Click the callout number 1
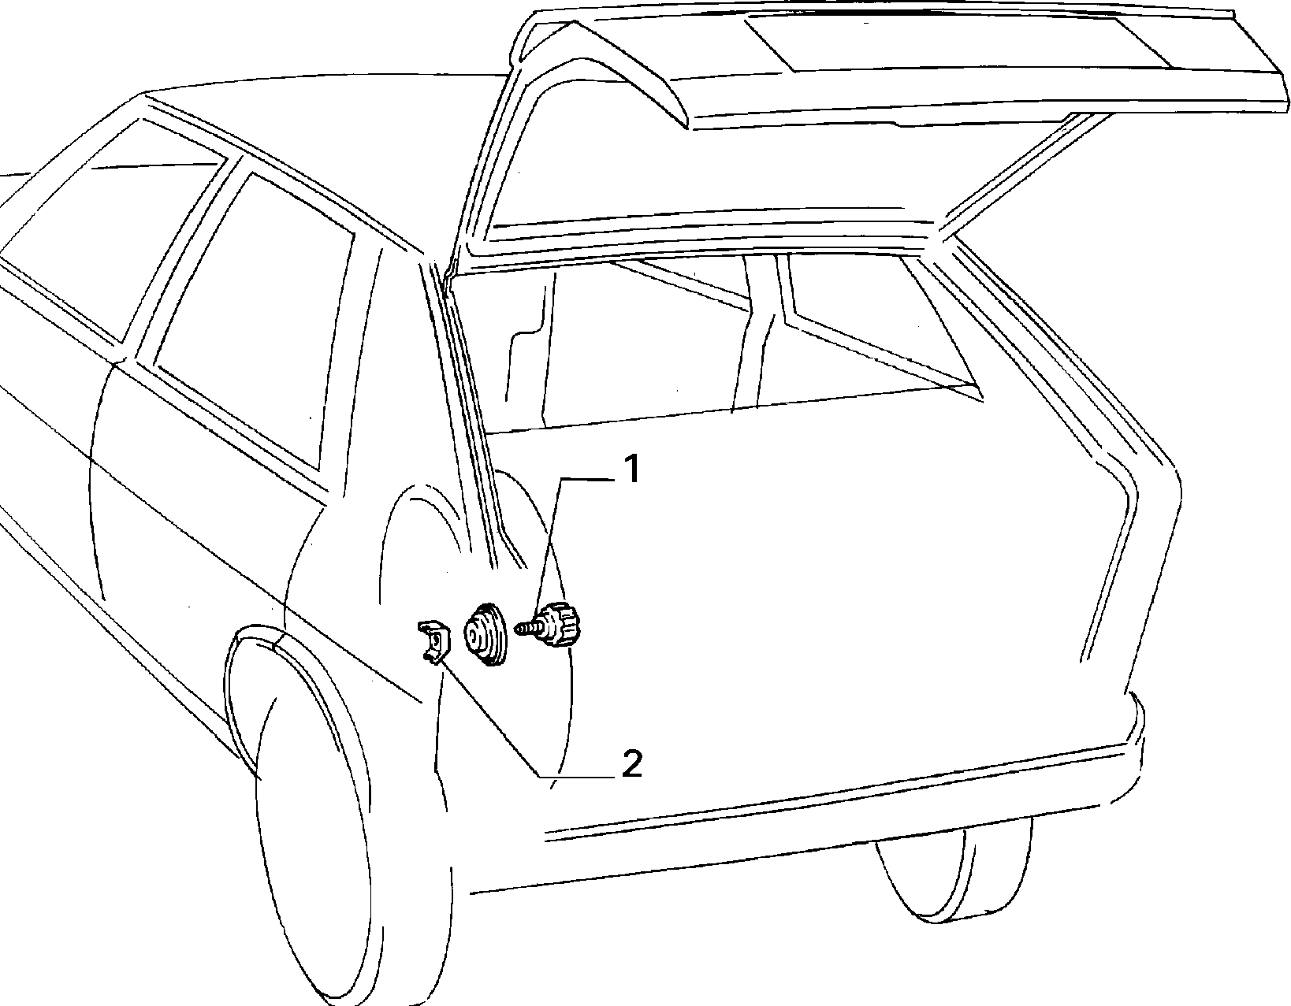coord(632,469)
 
